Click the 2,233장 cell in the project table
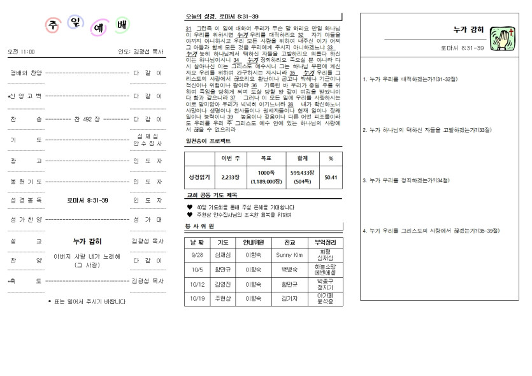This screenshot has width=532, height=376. [x=230, y=177]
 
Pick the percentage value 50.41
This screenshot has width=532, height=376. [x=331, y=177]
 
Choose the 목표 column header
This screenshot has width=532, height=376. [x=266, y=157]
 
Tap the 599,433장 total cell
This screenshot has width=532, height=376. [x=298, y=177]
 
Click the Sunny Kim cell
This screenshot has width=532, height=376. [x=290, y=254]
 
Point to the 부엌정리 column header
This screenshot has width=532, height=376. [x=325, y=242]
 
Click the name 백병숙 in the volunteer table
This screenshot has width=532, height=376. [x=290, y=270]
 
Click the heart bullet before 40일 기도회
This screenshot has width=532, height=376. [x=190, y=207]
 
